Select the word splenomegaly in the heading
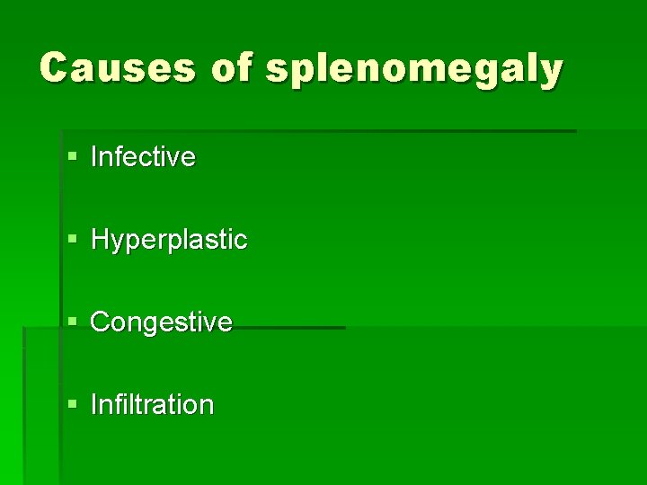pyautogui.click(x=413, y=70)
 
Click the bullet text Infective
pyautogui.click(x=143, y=157)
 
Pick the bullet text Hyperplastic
pyautogui.click(x=169, y=241)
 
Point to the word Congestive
pyautogui.click(x=162, y=322)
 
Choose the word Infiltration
pyautogui.click(x=153, y=405)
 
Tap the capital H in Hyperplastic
pyautogui.click(x=100, y=240)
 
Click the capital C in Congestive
pyautogui.click(x=101, y=322)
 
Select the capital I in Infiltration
pyautogui.click(x=94, y=405)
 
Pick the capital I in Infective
pyautogui.click(x=94, y=157)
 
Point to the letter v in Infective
pyautogui.click(x=174, y=159)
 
